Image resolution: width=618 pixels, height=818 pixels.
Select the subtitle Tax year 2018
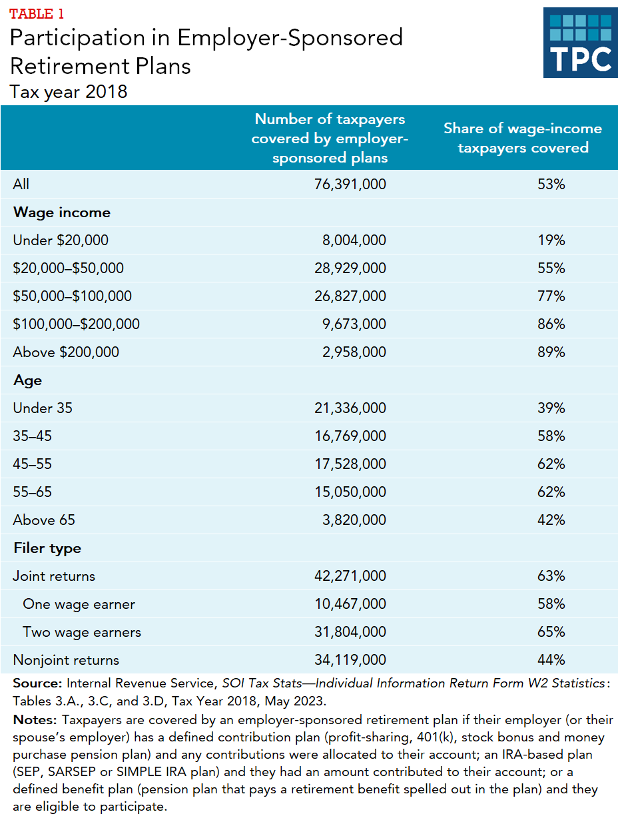(x=69, y=91)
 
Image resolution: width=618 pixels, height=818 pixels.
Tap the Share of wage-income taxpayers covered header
(x=523, y=138)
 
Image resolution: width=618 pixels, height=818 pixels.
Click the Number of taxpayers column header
(x=330, y=138)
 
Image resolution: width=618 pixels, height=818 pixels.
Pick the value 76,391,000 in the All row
(x=350, y=185)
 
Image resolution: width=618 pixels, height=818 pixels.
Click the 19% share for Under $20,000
(x=551, y=240)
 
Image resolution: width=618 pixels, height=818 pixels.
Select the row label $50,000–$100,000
(x=72, y=296)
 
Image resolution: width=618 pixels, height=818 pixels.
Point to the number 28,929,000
(x=350, y=268)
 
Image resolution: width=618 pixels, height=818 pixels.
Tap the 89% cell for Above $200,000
(x=551, y=352)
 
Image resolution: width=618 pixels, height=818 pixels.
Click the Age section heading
(x=27, y=380)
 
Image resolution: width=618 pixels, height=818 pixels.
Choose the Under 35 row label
(x=43, y=408)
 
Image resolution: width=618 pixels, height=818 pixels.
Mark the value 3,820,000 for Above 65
(x=354, y=520)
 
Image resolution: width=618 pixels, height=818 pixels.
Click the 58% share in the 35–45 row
(x=551, y=436)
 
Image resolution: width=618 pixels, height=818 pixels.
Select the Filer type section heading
(x=47, y=548)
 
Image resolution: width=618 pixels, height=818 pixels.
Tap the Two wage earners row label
(x=82, y=632)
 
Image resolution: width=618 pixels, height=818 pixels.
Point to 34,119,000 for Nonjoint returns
(x=350, y=660)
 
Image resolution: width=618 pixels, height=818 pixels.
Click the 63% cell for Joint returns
(x=551, y=576)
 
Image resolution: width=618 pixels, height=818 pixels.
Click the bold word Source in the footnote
(x=37, y=683)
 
